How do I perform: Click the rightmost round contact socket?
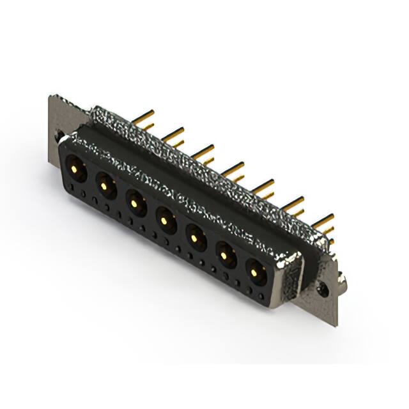256,273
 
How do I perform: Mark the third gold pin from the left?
203,151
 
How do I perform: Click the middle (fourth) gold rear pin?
233,169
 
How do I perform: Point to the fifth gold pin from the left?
263,187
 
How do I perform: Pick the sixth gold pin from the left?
293,204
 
